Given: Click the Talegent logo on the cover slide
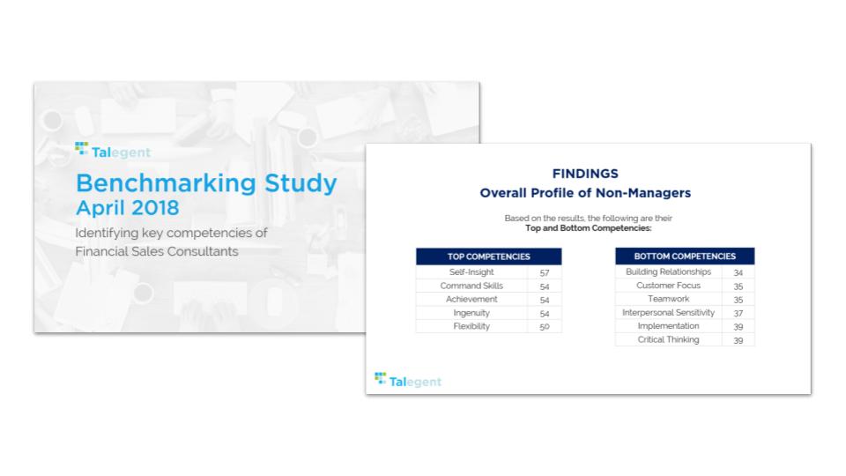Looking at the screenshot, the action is tap(113, 150).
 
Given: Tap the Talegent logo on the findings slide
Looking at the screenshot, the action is tap(408, 380).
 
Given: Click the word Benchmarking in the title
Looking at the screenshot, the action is tap(167, 183).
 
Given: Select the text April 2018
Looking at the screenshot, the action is tap(127, 208).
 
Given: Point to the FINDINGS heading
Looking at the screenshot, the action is tap(585, 174).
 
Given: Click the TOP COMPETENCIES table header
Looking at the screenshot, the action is tap(489, 257).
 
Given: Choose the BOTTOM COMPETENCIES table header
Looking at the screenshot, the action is tap(685, 256).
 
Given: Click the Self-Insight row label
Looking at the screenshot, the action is tap(471, 272).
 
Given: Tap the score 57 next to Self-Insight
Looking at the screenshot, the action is tap(545, 272).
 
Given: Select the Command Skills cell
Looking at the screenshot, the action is tap(471, 286).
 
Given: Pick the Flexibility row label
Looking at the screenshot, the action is tap(471, 326).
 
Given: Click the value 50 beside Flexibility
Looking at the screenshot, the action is tap(545, 326).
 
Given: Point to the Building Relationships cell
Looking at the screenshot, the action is tap(669, 271).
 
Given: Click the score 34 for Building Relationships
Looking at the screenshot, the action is tap(738, 272).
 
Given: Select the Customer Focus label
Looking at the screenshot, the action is tap(669, 285).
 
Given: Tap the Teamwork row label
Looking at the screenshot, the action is tap(669, 299).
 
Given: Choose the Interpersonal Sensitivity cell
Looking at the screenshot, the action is tap(669, 312).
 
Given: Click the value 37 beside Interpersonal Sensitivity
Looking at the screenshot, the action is tap(738, 313).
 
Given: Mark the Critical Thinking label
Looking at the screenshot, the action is tap(669, 339).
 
